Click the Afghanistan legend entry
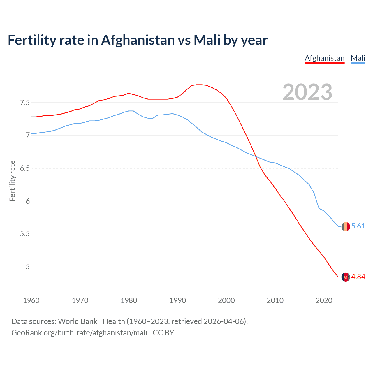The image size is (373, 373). tap(325, 58)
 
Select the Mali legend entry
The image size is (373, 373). tap(358, 58)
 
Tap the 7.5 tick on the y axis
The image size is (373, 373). tap(25, 103)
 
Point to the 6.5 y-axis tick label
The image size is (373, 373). tap(25, 168)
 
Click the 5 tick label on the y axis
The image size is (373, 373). tap(28, 267)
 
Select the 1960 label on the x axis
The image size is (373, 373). tap(31, 300)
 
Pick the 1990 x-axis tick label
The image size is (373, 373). tap(177, 300)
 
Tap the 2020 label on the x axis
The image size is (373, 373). tap(324, 300)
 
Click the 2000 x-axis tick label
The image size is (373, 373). tap(226, 300)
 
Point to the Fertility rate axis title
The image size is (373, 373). tap(12, 181)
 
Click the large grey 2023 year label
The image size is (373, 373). tap(307, 92)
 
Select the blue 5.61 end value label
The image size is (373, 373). tap(358, 226)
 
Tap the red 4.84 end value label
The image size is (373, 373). tap(358, 277)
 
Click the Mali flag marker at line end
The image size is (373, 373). tap(346, 226)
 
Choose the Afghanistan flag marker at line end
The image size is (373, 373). tap(346, 277)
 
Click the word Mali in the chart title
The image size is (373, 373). tap(207, 40)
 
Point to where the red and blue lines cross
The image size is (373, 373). tap(256, 156)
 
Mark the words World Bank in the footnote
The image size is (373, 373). tap(78, 321)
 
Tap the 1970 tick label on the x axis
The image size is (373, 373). tap(80, 300)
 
